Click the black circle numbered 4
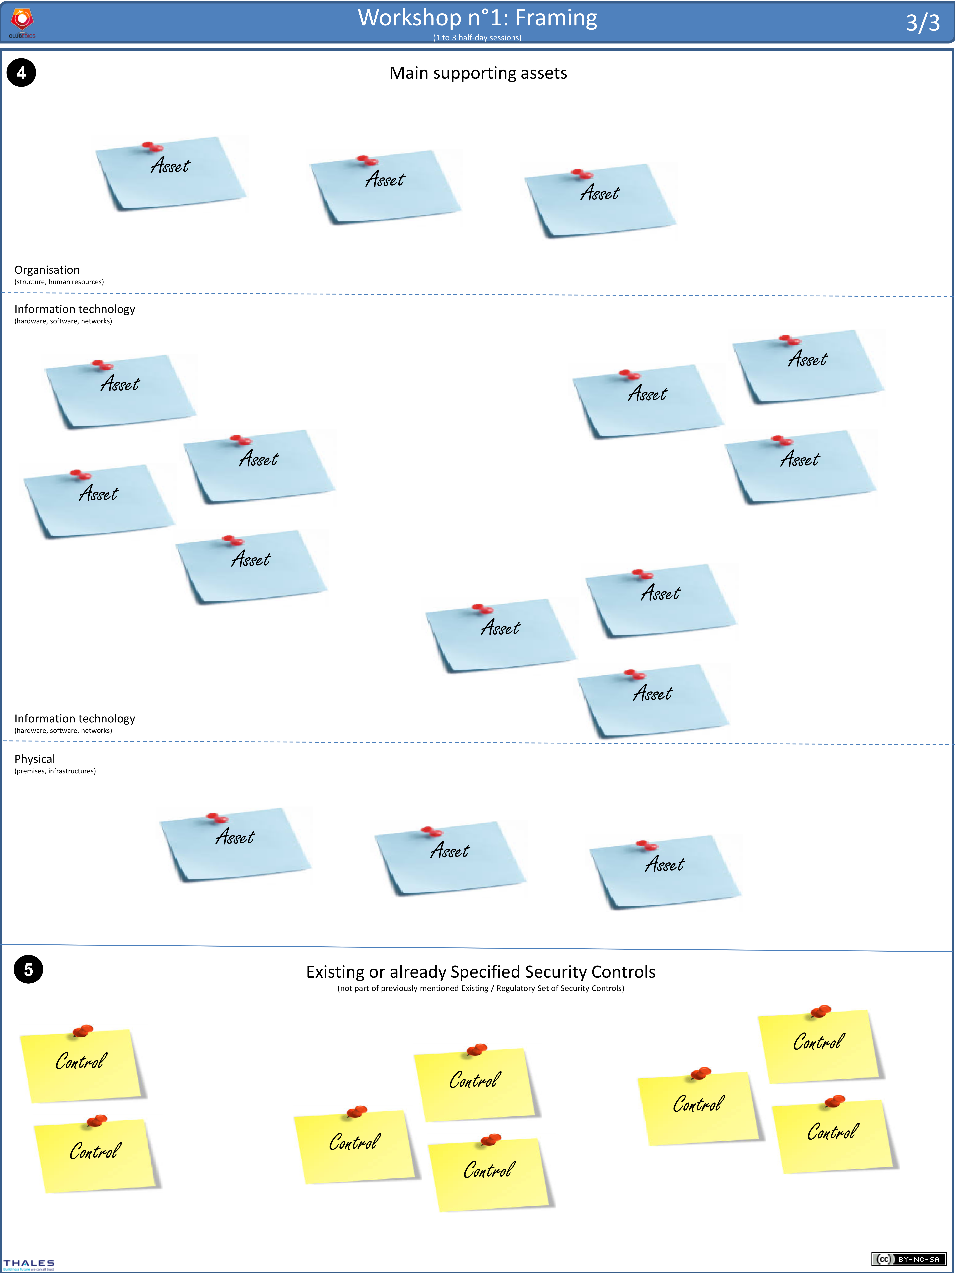(x=21, y=73)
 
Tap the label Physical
(x=35, y=759)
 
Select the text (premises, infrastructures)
(x=55, y=771)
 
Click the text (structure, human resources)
(x=59, y=282)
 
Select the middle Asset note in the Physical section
(x=450, y=857)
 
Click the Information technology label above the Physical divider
(x=75, y=719)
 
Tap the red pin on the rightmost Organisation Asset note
(x=582, y=174)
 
